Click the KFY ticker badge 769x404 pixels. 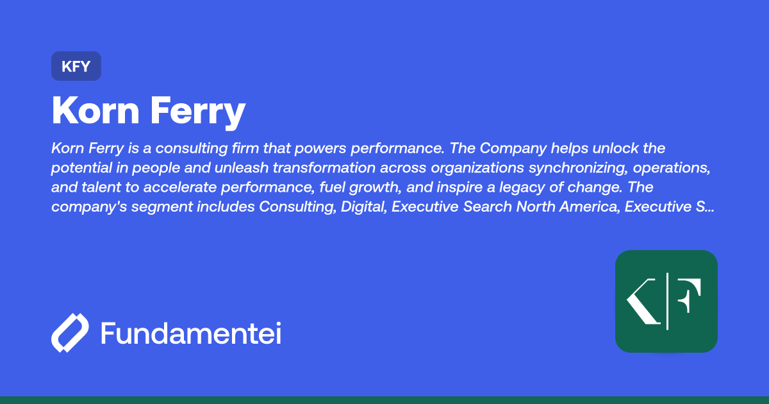[x=76, y=66]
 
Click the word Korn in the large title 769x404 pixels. [x=95, y=110]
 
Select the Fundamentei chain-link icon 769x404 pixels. [x=70, y=333]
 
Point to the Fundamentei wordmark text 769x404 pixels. [x=191, y=334]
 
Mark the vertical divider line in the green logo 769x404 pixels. [x=668, y=301]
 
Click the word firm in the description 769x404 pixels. [x=276, y=149]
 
